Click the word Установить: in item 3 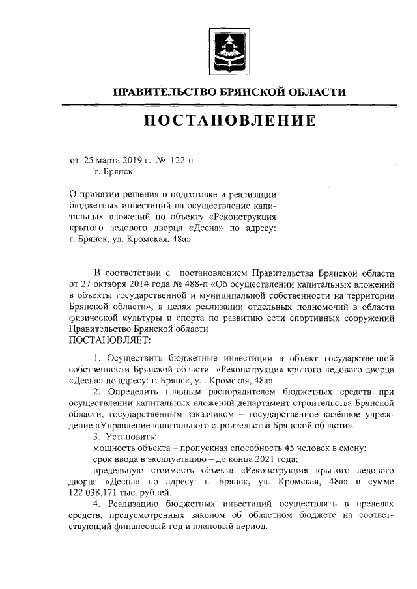click(x=132, y=437)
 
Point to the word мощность click(x=115, y=448)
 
